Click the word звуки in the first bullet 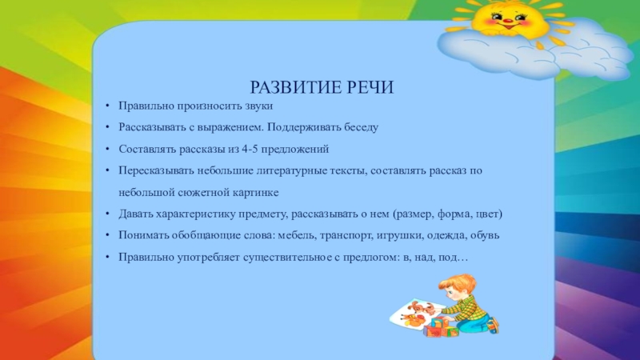click(258, 106)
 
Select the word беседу click(361, 127)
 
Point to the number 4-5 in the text click(250, 149)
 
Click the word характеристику click(196, 214)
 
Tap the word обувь click(485, 235)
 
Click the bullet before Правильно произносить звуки click(107, 106)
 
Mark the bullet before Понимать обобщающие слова click(107, 235)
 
